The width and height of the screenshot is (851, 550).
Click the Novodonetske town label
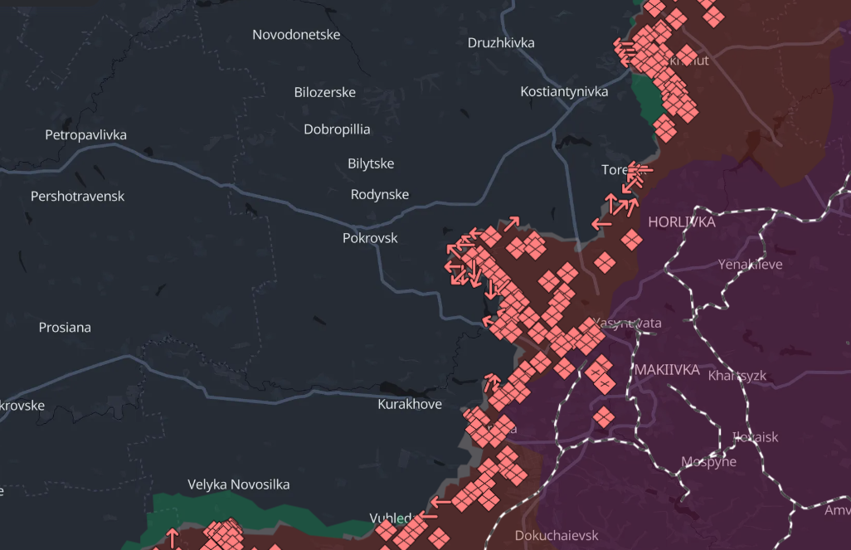(x=296, y=35)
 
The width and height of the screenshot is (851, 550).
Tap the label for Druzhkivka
(x=501, y=43)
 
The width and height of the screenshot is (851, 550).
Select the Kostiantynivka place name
(x=564, y=91)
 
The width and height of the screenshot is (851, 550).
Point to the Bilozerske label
(x=325, y=92)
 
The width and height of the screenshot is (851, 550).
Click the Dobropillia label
(x=337, y=129)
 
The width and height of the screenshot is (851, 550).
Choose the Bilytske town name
(x=371, y=163)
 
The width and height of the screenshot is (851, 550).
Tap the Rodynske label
(x=380, y=194)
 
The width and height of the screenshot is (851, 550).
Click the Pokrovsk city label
(x=370, y=238)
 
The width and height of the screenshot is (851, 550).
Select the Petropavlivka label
(x=86, y=134)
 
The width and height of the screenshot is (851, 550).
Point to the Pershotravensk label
(x=77, y=197)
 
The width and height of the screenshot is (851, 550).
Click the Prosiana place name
(x=65, y=328)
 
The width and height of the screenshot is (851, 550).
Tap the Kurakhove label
(x=410, y=405)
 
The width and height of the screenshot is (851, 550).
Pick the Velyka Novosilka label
(x=239, y=484)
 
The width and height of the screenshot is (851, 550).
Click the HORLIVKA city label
(x=682, y=222)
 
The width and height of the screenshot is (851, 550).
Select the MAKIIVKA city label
(x=667, y=369)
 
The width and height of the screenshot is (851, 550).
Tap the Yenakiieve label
(x=750, y=265)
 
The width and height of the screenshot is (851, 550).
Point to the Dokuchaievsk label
(x=557, y=536)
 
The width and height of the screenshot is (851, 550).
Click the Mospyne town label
(x=708, y=462)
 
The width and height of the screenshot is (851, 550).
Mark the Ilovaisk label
(x=755, y=436)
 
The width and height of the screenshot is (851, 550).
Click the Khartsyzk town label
(x=737, y=376)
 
